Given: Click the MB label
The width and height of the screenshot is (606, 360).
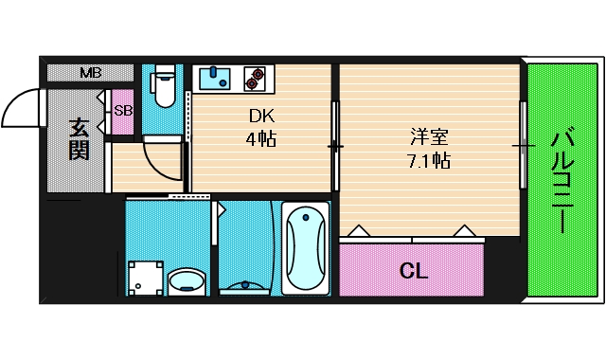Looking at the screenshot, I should click(x=91, y=73).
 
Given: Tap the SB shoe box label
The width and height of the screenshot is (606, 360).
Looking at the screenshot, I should click(x=123, y=110).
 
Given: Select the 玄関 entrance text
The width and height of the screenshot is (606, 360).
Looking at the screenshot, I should click(x=79, y=136).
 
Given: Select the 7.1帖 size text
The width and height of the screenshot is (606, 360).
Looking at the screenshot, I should click(x=422, y=160).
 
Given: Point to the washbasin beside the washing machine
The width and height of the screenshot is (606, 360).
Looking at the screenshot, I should click(x=187, y=280).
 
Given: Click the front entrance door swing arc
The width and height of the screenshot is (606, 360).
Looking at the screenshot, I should click(x=19, y=109).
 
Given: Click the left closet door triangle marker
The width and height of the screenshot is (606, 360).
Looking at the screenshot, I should click(x=360, y=230).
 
